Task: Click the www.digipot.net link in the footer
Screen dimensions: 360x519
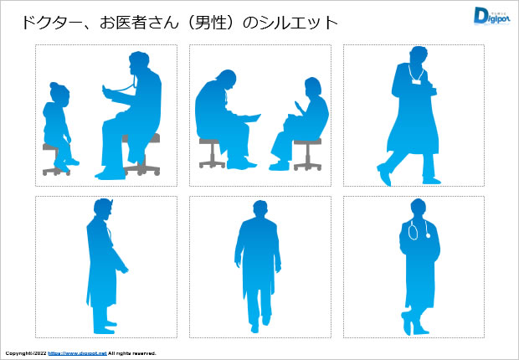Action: [x=76, y=353]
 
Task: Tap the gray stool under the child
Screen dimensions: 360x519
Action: [x=56, y=160]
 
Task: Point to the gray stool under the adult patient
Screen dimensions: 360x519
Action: [x=307, y=152]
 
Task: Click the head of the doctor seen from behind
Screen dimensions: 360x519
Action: [x=259, y=209]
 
